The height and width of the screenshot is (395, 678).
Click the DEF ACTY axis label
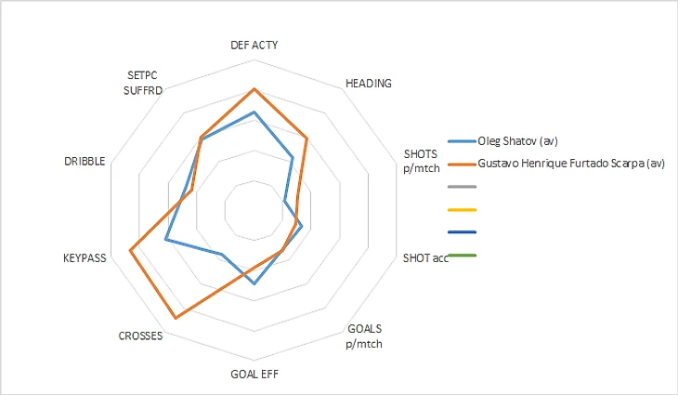254,45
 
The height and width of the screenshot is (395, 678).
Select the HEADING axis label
369,83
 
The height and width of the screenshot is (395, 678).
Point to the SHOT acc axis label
425,257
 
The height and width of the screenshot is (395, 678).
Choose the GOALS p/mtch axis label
364,336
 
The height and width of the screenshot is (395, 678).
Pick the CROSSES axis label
141,336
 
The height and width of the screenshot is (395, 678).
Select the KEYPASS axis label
85,257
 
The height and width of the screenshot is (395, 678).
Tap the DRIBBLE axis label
85,161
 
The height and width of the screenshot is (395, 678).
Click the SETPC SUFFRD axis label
145,84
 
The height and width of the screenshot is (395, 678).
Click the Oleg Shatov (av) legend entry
516,141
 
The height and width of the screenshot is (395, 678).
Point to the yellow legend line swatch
462,210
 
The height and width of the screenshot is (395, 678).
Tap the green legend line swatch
462,256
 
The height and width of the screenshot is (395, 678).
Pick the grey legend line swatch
462,187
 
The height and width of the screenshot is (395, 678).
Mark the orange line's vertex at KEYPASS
130,250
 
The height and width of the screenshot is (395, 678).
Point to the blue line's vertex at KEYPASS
165,240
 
